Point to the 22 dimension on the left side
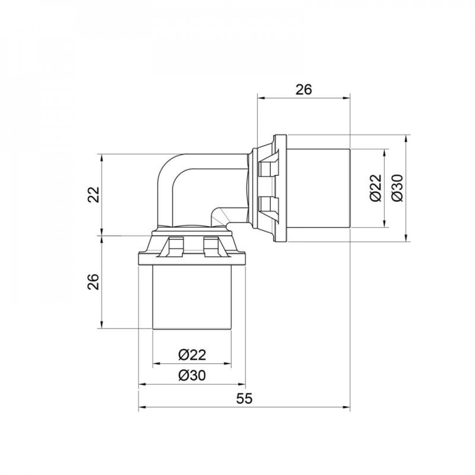[95, 194]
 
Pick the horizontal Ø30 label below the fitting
[192, 375]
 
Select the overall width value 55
[244, 399]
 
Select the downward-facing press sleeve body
[192, 297]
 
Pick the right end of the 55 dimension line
[350, 407]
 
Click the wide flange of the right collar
[280, 188]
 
